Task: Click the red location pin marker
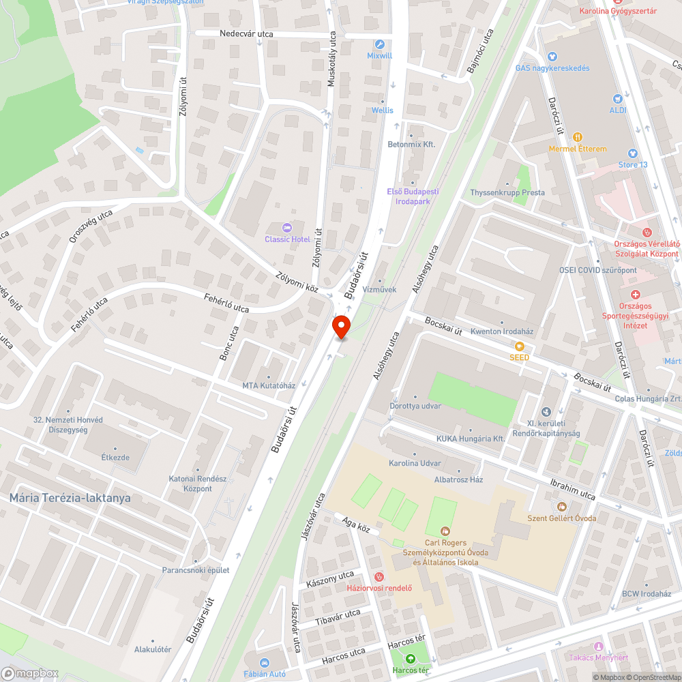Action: coord(341,327)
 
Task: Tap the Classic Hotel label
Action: coord(287,239)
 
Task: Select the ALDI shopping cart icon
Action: coord(619,99)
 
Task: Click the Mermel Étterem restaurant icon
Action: coord(578,137)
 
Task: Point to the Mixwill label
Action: coord(379,55)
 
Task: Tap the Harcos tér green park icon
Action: coord(411,658)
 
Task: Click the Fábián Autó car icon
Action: coord(265,662)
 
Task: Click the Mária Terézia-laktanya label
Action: coord(70,498)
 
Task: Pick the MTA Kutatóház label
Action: coord(269,385)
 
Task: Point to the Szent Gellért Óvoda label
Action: coord(562,518)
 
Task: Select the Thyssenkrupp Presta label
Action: coord(507,192)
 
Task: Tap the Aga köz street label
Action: coord(355,524)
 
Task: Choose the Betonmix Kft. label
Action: coord(411,145)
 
